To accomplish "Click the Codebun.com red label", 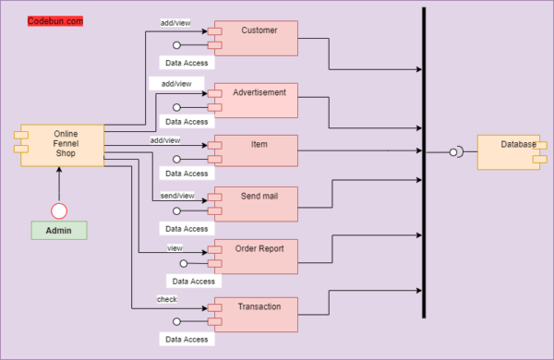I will [55, 20].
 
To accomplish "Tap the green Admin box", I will [58, 231].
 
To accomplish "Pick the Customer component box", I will [258, 38].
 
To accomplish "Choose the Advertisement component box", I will [258, 100].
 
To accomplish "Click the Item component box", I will [258, 150].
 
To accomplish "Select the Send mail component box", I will [258, 204].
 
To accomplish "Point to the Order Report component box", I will [258, 257].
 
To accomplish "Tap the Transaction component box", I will [258, 314].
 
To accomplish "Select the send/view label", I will [177, 196].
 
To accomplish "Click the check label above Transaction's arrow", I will [166, 299].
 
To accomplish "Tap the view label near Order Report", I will [175, 248].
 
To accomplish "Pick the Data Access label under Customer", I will [186, 64].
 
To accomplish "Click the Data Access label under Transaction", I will [186, 340].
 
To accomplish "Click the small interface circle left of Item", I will [176, 159].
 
